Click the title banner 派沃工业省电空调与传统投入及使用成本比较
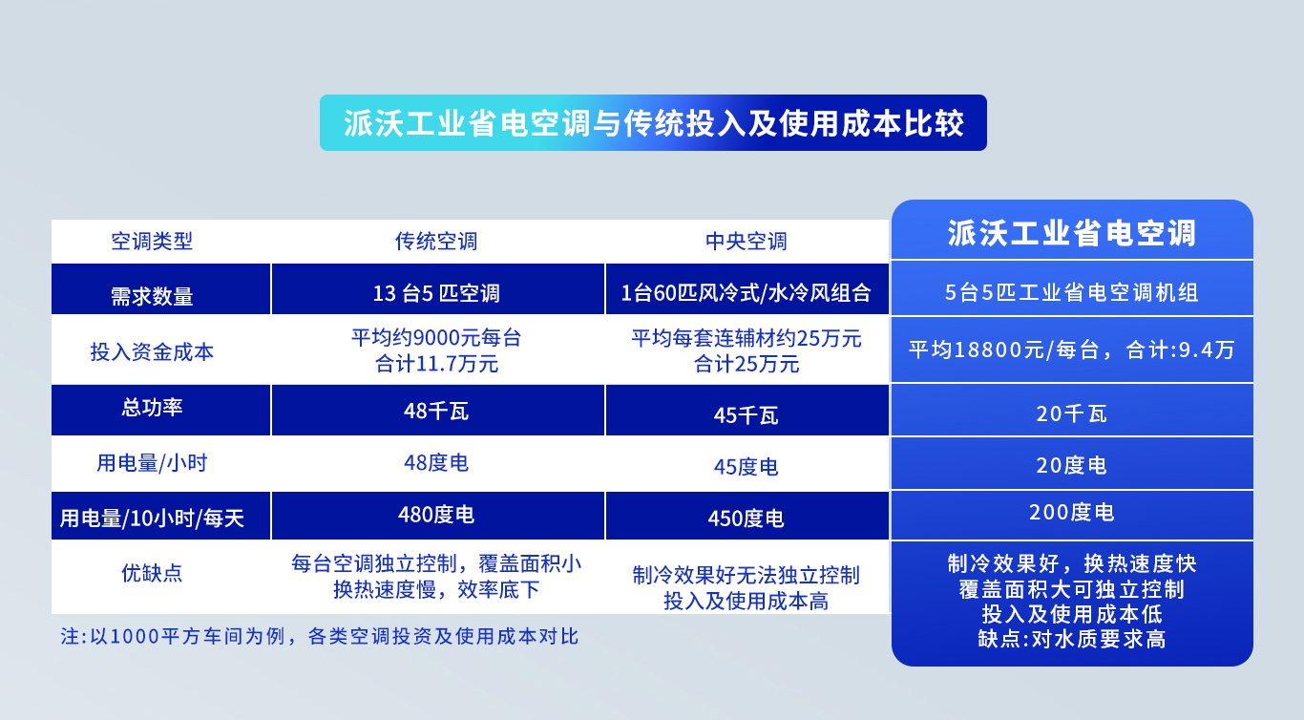coord(653,123)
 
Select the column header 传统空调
coord(436,242)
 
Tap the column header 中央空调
coord(747,242)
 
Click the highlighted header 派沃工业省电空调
coord(1071,233)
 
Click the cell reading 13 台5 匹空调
coord(436,293)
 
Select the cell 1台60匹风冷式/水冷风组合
coord(747,293)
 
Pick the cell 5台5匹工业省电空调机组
coord(1071,293)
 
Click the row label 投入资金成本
coord(152,351)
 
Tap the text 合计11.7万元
coord(436,364)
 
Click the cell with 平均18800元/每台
coord(1071,349)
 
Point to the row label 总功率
coord(152,407)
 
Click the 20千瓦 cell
coord(1071,413)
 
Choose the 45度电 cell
coord(747,467)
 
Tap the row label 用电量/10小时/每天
coord(152,519)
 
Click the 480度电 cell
coord(436,516)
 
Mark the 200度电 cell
coord(1071,513)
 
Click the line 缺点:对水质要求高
coord(1071,639)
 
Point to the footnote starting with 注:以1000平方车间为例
coord(320,637)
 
